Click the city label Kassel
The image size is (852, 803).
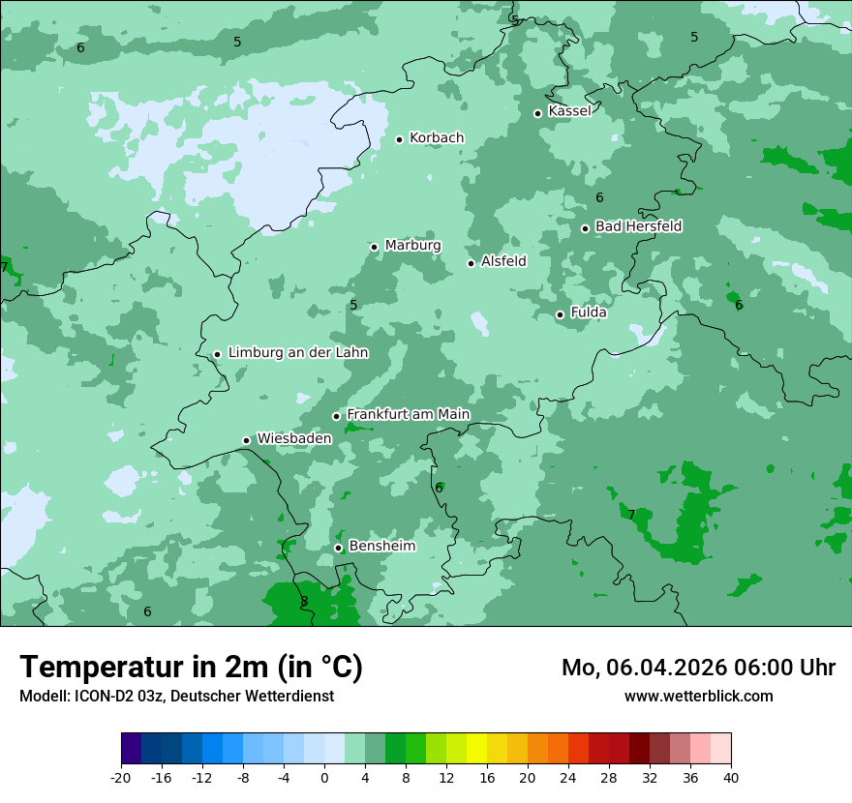pos(569,111)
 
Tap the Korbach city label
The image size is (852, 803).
pos(437,138)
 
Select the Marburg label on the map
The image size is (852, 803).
pos(412,246)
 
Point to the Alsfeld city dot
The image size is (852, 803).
pos(472,263)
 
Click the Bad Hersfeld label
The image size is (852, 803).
pos(638,226)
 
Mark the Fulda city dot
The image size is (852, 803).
pos(560,314)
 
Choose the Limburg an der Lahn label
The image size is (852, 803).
pos(298,353)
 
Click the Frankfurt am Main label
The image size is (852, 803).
pos(408,415)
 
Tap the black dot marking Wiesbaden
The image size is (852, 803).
pos(247,441)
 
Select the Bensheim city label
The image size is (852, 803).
pos(381,547)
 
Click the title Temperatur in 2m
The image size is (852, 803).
pos(192,667)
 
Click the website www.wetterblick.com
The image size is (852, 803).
pos(698,697)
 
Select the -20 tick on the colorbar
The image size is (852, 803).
pos(121,778)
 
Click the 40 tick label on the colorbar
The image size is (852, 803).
pos(731,778)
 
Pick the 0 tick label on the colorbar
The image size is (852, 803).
pos(324,778)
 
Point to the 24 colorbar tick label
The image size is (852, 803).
pos(568,778)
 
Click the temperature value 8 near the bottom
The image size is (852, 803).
pos(304,602)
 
